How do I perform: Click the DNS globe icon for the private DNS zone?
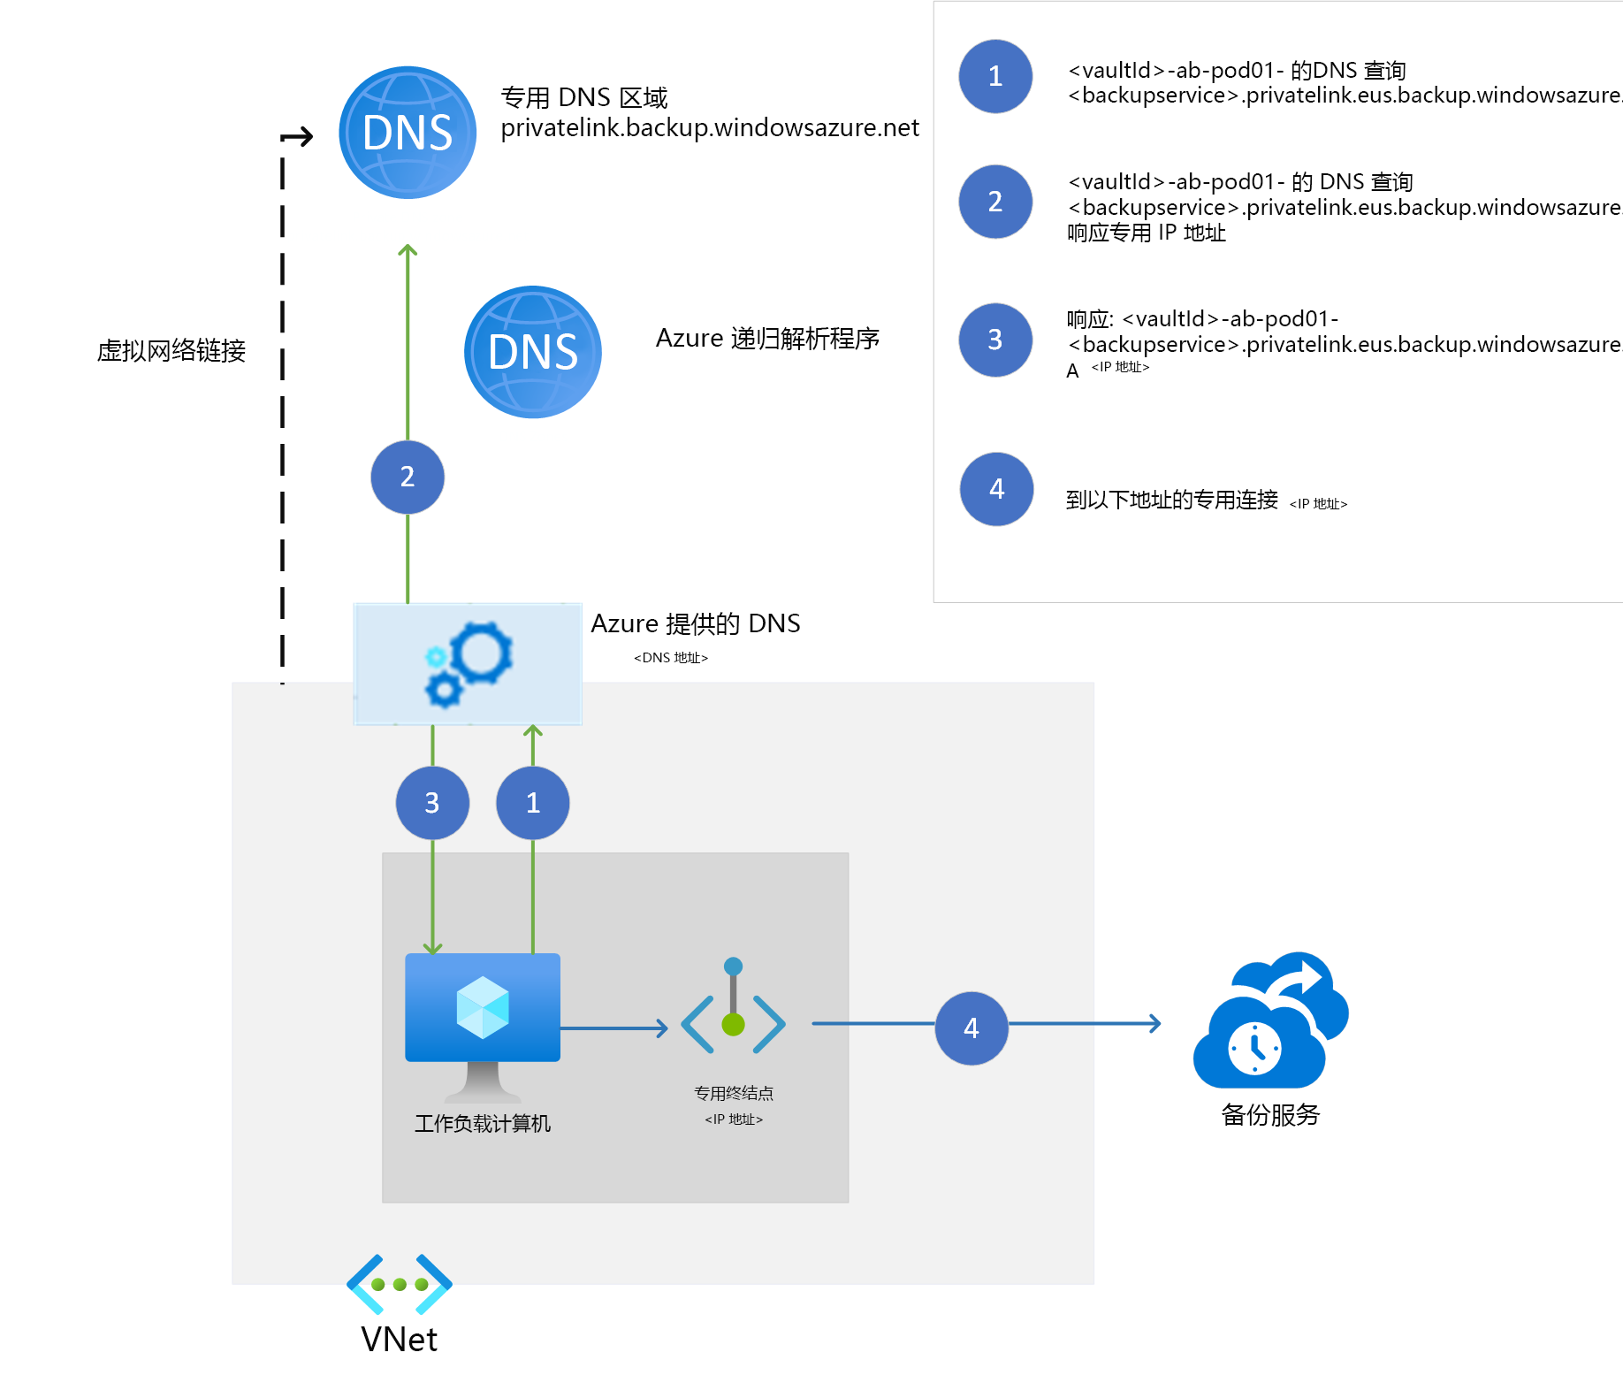[x=408, y=133]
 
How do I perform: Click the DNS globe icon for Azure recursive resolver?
[x=533, y=352]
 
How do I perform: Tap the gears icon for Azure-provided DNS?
[x=468, y=663]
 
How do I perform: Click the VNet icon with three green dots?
[x=400, y=1284]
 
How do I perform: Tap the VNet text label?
[x=400, y=1340]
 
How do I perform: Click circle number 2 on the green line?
[x=408, y=478]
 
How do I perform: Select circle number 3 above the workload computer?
[x=432, y=803]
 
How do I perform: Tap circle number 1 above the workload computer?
[x=533, y=803]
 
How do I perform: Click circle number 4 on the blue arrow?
[x=972, y=1028]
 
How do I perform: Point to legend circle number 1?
[x=995, y=76]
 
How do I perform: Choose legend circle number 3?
[x=995, y=340]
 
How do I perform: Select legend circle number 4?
[x=996, y=489]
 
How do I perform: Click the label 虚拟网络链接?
[x=171, y=351]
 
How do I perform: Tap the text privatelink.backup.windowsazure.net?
[x=709, y=128]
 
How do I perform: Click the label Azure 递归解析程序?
[x=767, y=339]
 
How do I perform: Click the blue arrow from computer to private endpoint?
[x=614, y=1028]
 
